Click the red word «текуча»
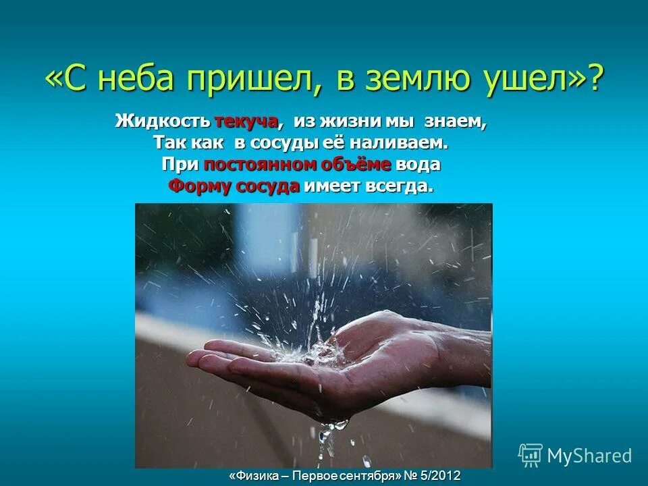pyautogui.click(x=246, y=122)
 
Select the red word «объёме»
pyautogui.click(x=354, y=165)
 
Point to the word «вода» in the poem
pyautogui.click(x=418, y=165)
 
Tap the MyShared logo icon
pyautogui.click(x=531, y=456)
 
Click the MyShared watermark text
pyautogui.click(x=589, y=456)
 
